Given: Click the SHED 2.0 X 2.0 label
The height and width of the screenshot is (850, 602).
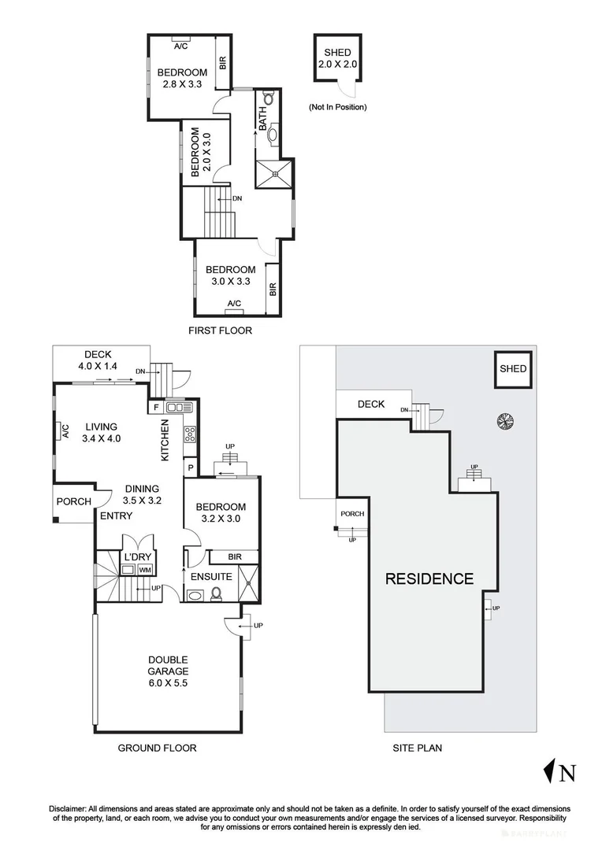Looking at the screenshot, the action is click(x=338, y=58).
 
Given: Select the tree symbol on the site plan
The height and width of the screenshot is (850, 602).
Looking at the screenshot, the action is click(x=505, y=421).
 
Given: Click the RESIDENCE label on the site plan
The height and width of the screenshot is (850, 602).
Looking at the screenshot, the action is click(x=429, y=578).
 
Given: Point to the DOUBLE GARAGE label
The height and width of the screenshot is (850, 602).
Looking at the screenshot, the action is click(x=169, y=671).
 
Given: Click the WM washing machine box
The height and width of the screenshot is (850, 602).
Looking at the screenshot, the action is click(x=144, y=570).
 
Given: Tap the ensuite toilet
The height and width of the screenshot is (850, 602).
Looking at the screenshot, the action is click(x=215, y=594).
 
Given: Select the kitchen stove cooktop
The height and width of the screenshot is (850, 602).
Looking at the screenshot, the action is click(x=190, y=433).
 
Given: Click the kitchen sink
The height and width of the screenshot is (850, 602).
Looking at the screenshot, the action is click(x=179, y=407).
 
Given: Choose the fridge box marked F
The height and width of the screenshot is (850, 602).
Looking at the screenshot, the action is click(x=156, y=407).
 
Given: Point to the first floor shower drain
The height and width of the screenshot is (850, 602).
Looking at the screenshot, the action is click(x=275, y=174).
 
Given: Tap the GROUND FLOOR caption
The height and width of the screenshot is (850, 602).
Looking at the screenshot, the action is click(x=157, y=748).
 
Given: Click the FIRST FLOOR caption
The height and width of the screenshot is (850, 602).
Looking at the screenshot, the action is click(x=221, y=330).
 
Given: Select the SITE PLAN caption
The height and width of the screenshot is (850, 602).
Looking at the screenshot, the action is click(x=418, y=748).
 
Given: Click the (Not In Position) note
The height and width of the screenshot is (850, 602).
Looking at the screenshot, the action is click(x=338, y=107).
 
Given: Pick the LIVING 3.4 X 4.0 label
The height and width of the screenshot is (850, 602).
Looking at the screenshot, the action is click(x=102, y=433).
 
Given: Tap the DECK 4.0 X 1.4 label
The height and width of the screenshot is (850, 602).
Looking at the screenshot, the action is click(x=98, y=360).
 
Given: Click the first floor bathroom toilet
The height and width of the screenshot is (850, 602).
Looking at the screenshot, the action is click(x=268, y=98).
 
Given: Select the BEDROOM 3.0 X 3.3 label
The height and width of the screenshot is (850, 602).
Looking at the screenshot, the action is click(x=231, y=275).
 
